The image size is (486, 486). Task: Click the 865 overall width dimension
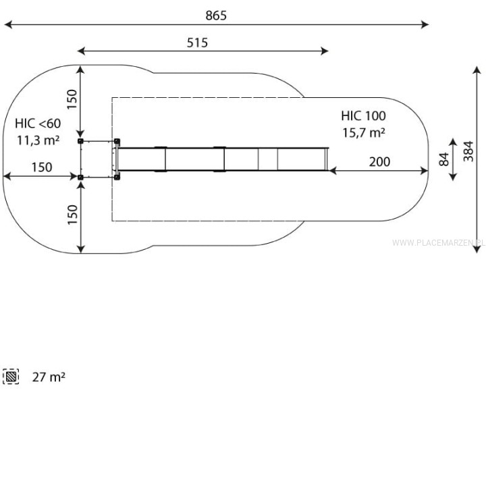[216, 16]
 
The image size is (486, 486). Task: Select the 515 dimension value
[197, 43]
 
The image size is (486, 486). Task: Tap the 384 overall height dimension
[468, 151]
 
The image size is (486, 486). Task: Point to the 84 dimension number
[444, 159]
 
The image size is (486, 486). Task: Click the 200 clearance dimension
[379, 161]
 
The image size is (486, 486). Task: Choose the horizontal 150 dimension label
[42, 167]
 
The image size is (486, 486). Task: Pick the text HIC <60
[38, 124]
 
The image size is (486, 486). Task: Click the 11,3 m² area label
[38, 140]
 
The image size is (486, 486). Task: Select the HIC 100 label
[363, 116]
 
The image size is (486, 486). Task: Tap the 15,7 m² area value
[364, 133]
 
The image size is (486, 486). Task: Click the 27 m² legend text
[49, 377]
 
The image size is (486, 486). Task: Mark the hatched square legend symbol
[11, 377]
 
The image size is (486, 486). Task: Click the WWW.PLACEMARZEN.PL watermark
[439, 243]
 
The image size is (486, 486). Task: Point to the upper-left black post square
[80, 141]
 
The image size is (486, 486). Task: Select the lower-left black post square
[80, 178]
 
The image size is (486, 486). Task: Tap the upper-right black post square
[117, 141]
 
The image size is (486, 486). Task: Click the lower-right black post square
[117, 178]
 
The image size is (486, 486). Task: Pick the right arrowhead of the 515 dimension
[325, 51]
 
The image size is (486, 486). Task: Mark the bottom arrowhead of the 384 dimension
[477, 249]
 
